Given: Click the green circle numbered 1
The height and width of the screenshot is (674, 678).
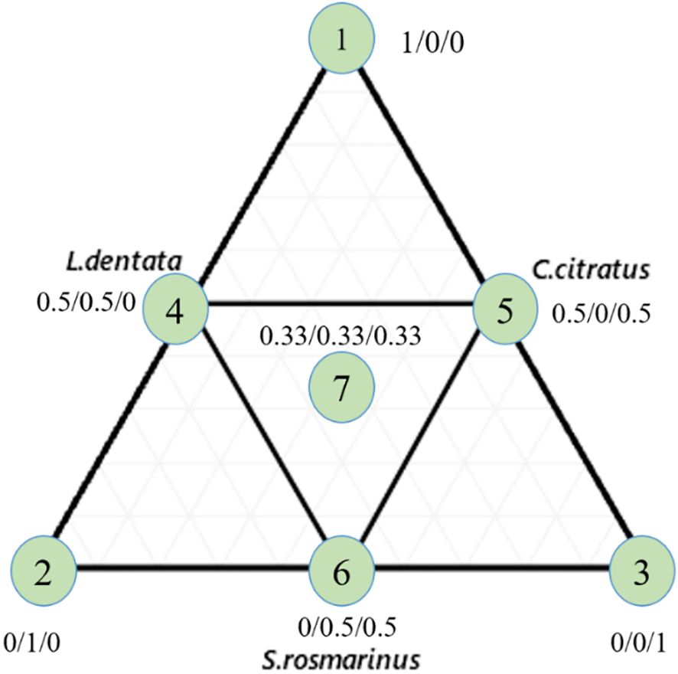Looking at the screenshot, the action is coord(341,41).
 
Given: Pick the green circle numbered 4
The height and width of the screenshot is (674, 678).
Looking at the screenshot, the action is coord(176,309).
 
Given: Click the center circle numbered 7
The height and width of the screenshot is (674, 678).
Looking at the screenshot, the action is coord(341,387).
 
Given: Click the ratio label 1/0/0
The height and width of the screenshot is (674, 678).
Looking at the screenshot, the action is coord(433,41).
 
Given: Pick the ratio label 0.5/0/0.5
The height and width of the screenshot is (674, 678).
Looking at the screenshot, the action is coord(601,312).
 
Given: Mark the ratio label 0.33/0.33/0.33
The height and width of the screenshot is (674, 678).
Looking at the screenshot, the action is coord(341,336).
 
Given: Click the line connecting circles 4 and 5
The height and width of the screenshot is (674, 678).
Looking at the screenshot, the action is coord(341,303).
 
